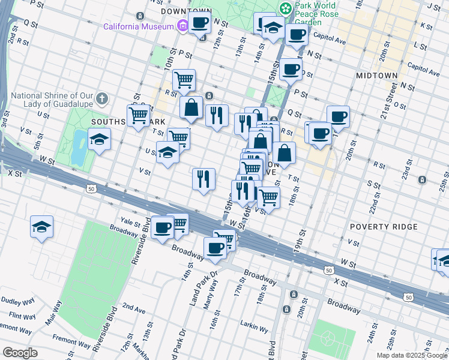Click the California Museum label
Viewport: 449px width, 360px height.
(x=138, y=26)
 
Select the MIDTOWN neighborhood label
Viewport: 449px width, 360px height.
(x=376, y=76)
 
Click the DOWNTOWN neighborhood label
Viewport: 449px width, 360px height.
(x=187, y=11)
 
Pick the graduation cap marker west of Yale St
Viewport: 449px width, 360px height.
(x=41, y=227)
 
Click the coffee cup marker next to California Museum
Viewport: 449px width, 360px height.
(x=200, y=23)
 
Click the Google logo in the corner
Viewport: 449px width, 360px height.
(x=20, y=353)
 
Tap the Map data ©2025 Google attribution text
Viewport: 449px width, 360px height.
(x=412, y=355)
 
